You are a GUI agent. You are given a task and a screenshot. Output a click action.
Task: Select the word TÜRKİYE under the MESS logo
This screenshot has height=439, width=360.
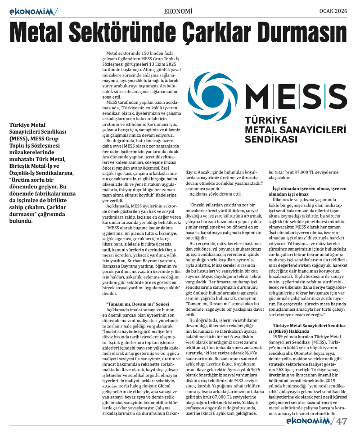point(265,121)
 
